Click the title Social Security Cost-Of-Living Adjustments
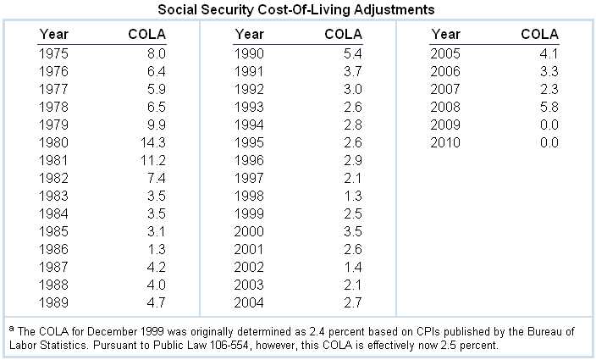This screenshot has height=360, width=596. (x=297, y=9)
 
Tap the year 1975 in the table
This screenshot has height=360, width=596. (x=54, y=53)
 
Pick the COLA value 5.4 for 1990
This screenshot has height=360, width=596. (x=351, y=53)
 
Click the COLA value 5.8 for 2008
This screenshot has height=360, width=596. (x=549, y=106)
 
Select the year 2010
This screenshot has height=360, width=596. (x=446, y=141)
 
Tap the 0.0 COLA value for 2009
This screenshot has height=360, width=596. (x=549, y=124)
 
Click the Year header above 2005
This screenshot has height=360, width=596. (x=446, y=34)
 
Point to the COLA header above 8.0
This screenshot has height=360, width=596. (x=147, y=34)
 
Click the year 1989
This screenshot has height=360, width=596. (x=54, y=301)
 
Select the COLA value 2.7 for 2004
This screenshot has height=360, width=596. (x=351, y=301)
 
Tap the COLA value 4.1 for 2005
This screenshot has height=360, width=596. (x=549, y=53)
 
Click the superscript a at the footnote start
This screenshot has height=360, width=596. (x=12, y=329)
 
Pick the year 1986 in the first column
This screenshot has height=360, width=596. (x=54, y=247)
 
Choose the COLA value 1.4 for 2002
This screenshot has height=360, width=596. (x=351, y=265)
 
